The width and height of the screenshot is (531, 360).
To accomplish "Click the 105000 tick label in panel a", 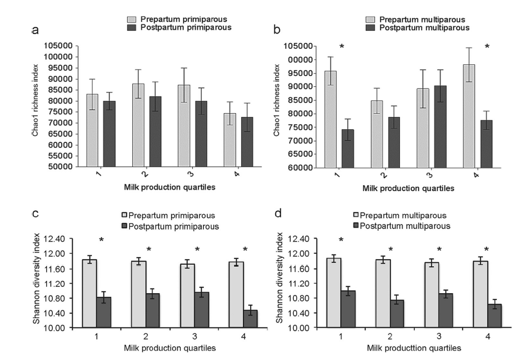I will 61,46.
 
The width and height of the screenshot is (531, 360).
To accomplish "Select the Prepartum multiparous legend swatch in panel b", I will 371,19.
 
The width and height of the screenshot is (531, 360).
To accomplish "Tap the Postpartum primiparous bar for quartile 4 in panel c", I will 250,319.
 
